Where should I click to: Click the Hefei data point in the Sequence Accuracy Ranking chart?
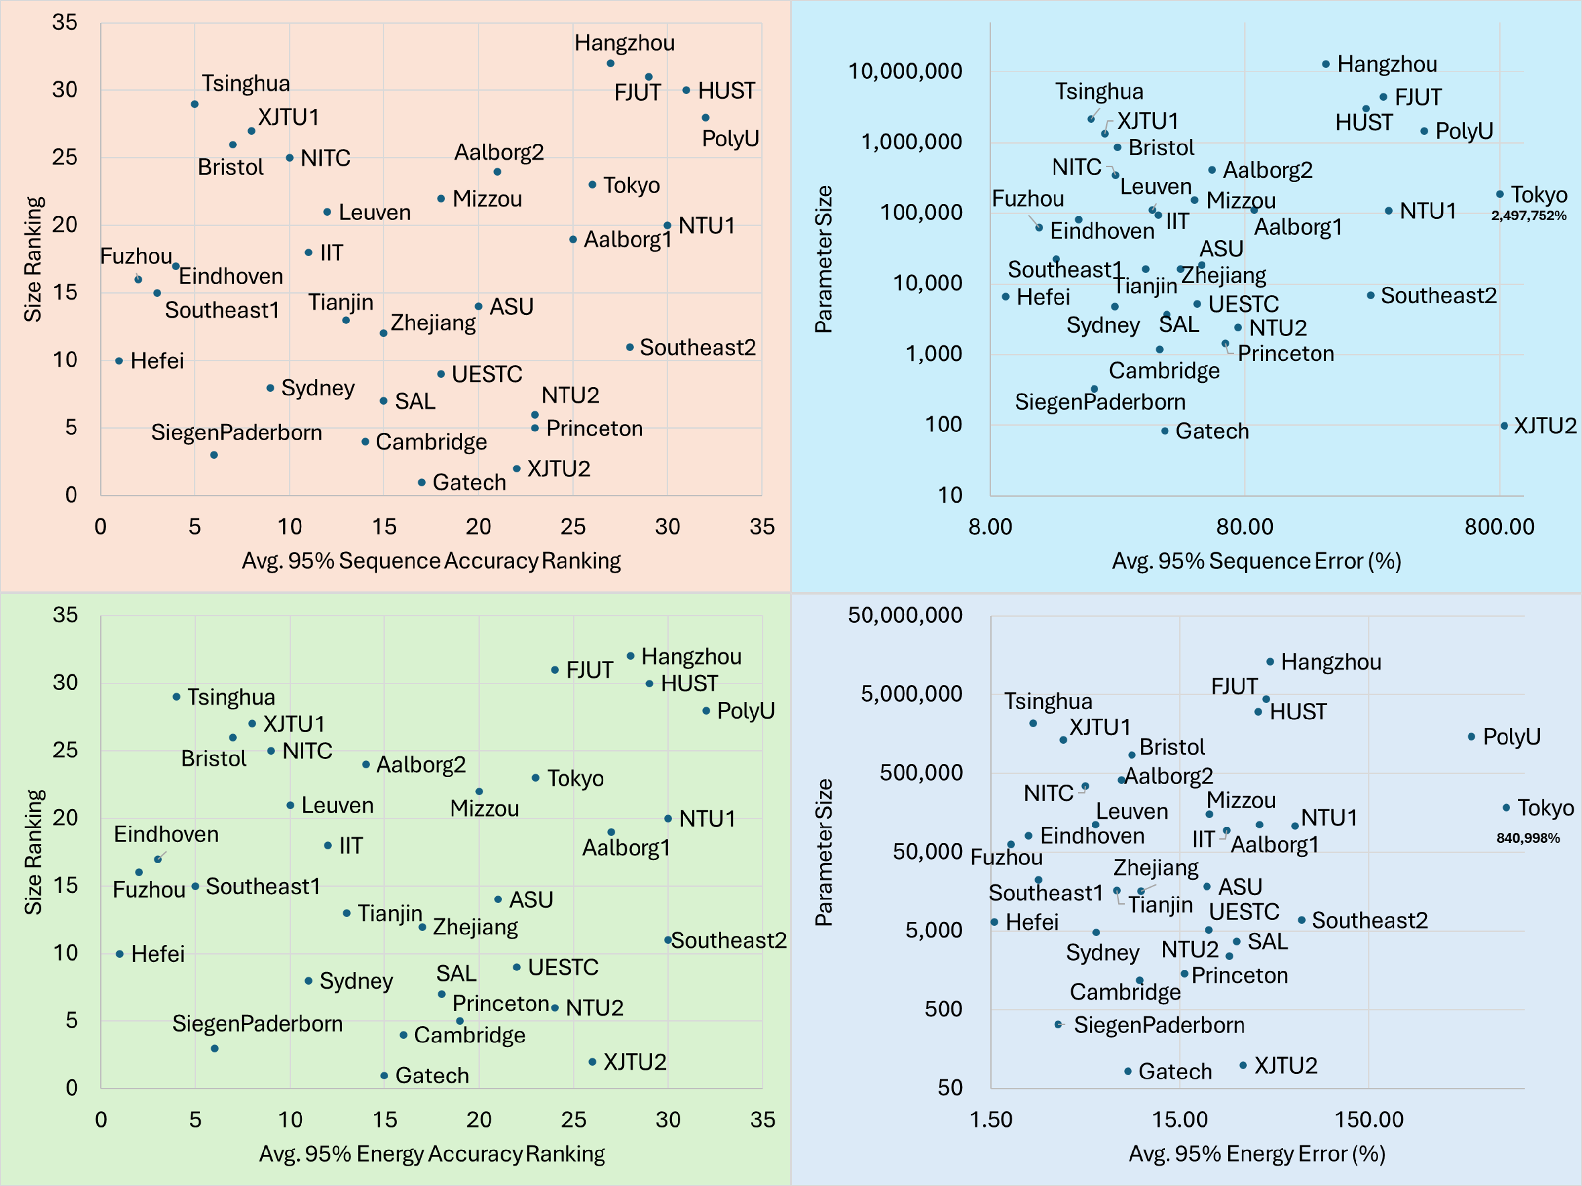point(119,361)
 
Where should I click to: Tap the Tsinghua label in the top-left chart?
point(245,84)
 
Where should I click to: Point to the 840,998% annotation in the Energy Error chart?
point(1528,838)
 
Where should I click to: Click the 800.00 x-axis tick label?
point(1499,527)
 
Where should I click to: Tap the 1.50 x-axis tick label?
point(990,1119)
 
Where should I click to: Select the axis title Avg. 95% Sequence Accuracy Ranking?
point(431,561)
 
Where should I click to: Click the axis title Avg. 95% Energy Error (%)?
point(1257,1154)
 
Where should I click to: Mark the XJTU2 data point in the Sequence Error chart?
point(1504,426)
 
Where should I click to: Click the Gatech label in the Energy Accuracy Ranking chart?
point(432,1076)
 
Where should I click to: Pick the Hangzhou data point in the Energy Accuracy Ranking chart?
point(630,656)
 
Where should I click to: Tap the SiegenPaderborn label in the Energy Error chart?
point(1159,1025)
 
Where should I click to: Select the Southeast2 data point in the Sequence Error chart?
point(1370,296)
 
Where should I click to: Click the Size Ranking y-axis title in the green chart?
point(34,852)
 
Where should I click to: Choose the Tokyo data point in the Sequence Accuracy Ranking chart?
point(592,185)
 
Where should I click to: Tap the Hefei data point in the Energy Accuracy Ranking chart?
point(120,954)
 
